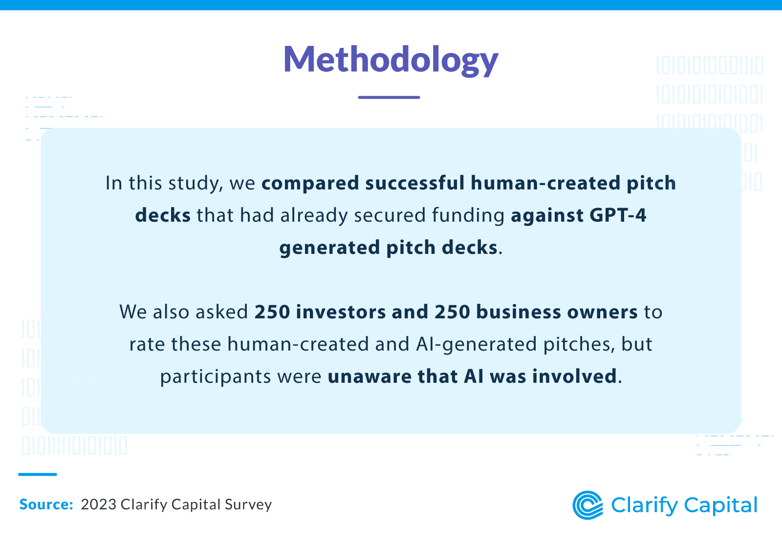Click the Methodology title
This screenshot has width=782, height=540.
pyautogui.click(x=391, y=60)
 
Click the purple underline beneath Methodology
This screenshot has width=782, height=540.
pyautogui.click(x=389, y=97)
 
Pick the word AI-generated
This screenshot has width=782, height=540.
pyautogui.click(x=477, y=344)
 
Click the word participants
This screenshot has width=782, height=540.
pyautogui.click(x=216, y=376)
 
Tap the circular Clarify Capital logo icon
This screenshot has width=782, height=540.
pyautogui.click(x=587, y=505)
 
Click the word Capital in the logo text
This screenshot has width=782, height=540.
pyautogui.click(x=721, y=505)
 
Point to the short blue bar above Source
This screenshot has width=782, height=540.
pyautogui.click(x=38, y=474)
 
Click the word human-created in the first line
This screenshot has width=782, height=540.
pyautogui.click(x=540, y=183)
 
